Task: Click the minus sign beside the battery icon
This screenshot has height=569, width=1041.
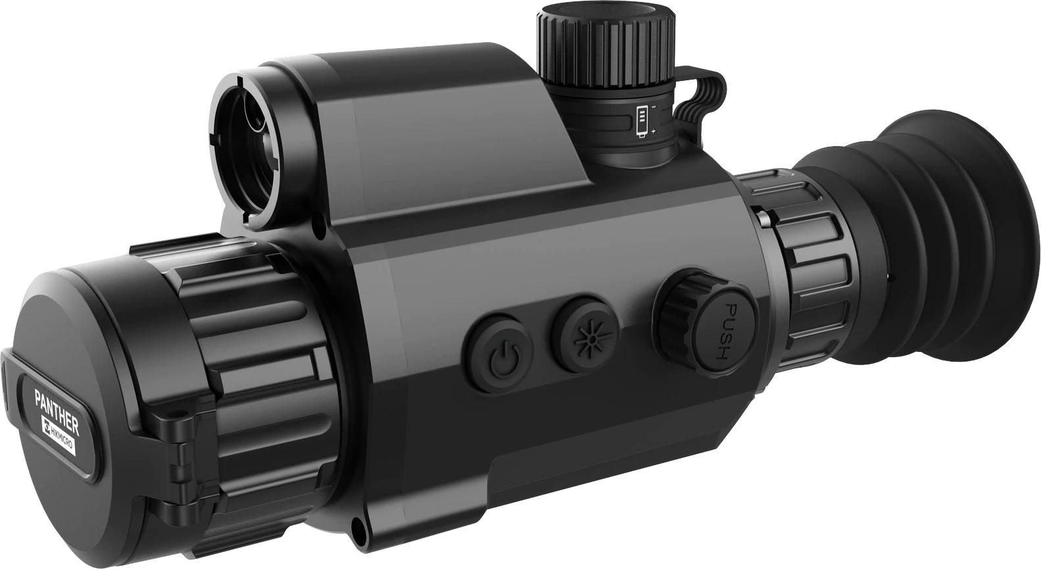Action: [x=654, y=106]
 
